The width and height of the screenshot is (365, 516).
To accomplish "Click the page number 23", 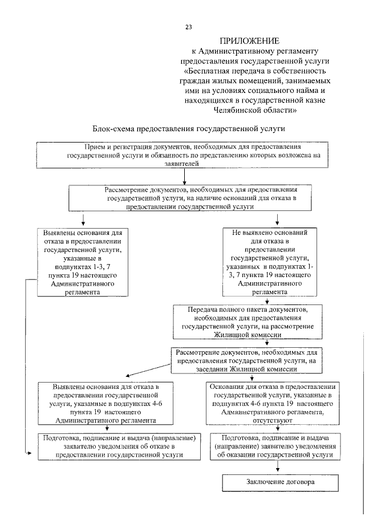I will pos(188,27).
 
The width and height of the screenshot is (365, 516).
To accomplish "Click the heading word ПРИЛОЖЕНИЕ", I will pos(250,41).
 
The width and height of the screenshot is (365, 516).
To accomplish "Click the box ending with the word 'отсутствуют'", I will pos(277,403).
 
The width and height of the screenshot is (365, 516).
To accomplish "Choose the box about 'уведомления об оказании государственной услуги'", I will pos(276,446).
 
